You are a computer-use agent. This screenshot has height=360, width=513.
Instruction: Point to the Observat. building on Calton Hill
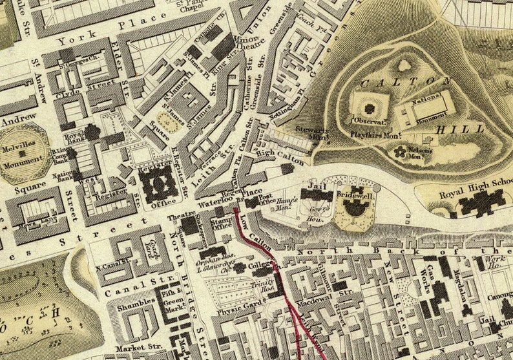370,109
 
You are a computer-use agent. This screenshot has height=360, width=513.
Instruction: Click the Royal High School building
482,203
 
